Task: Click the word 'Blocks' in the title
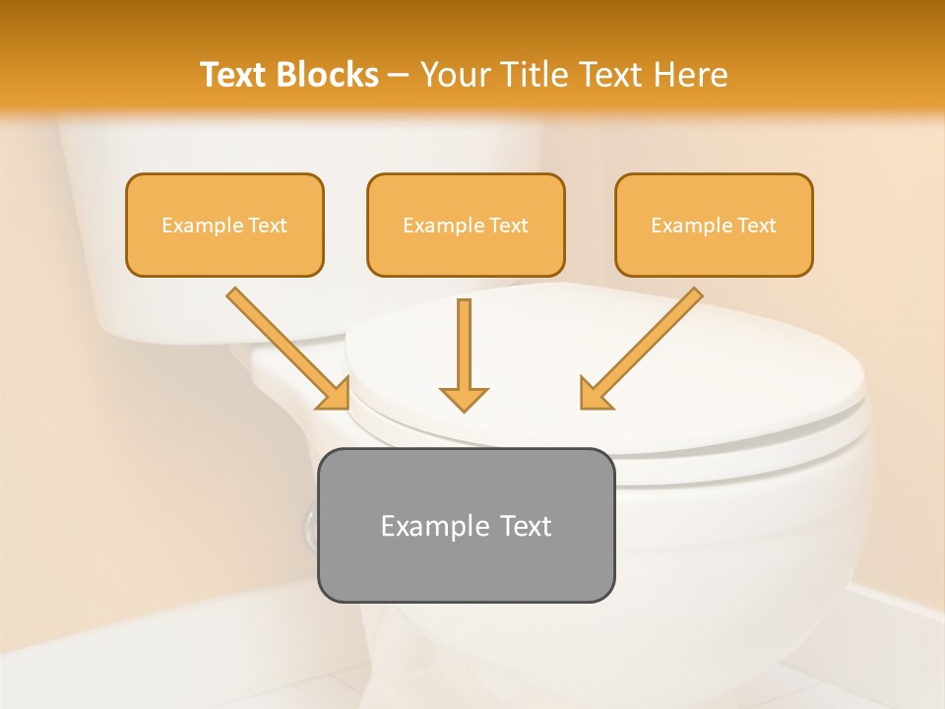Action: click(x=327, y=75)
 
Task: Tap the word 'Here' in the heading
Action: click(x=690, y=75)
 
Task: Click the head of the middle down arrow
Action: click(x=464, y=398)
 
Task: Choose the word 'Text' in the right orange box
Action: click(x=756, y=226)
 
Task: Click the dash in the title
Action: click(x=399, y=76)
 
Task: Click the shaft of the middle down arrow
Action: click(x=464, y=340)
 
